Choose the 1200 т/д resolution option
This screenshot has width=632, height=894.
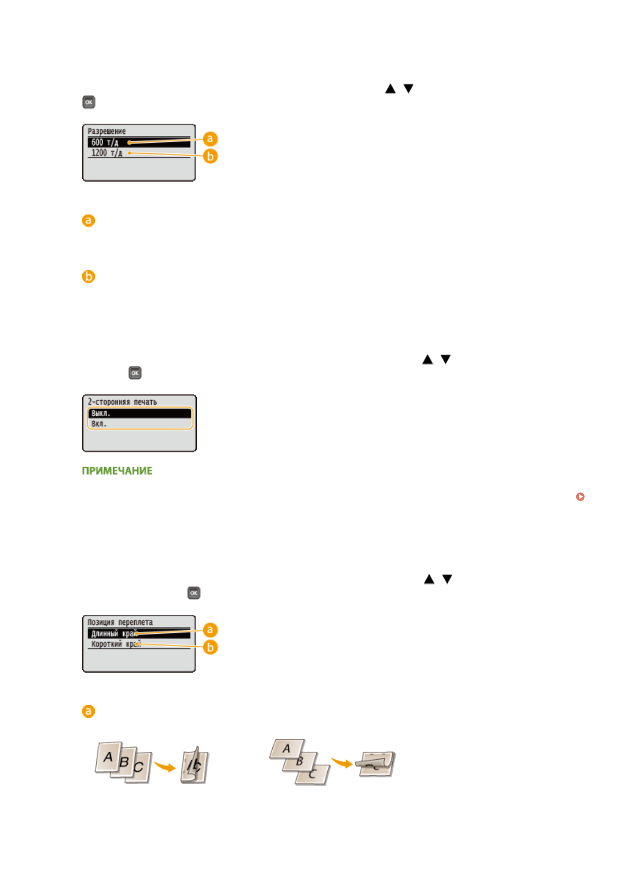coord(107,153)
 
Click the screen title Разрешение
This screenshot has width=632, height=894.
coord(107,131)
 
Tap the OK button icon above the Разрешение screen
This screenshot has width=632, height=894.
coord(89,102)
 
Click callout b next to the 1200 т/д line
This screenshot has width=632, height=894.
coord(210,156)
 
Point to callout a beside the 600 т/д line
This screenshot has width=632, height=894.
coord(210,139)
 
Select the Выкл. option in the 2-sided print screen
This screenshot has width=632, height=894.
coord(101,413)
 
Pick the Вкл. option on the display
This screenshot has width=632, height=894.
coord(99,424)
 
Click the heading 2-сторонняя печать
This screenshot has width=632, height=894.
coord(122,402)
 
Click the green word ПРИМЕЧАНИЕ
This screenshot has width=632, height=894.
coord(117,471)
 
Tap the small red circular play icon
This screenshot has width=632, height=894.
coord(580,496)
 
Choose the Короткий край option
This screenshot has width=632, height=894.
coord(114,644)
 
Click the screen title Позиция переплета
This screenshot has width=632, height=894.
coord(120,622)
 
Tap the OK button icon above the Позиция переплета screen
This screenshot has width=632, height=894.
coord(194,592)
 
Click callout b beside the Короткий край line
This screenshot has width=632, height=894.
coord(210,647)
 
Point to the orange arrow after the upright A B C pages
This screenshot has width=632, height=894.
coord(165,767)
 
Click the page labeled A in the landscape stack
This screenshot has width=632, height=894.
coord(287,749)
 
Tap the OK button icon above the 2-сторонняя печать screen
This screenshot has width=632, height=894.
coord(135,373)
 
